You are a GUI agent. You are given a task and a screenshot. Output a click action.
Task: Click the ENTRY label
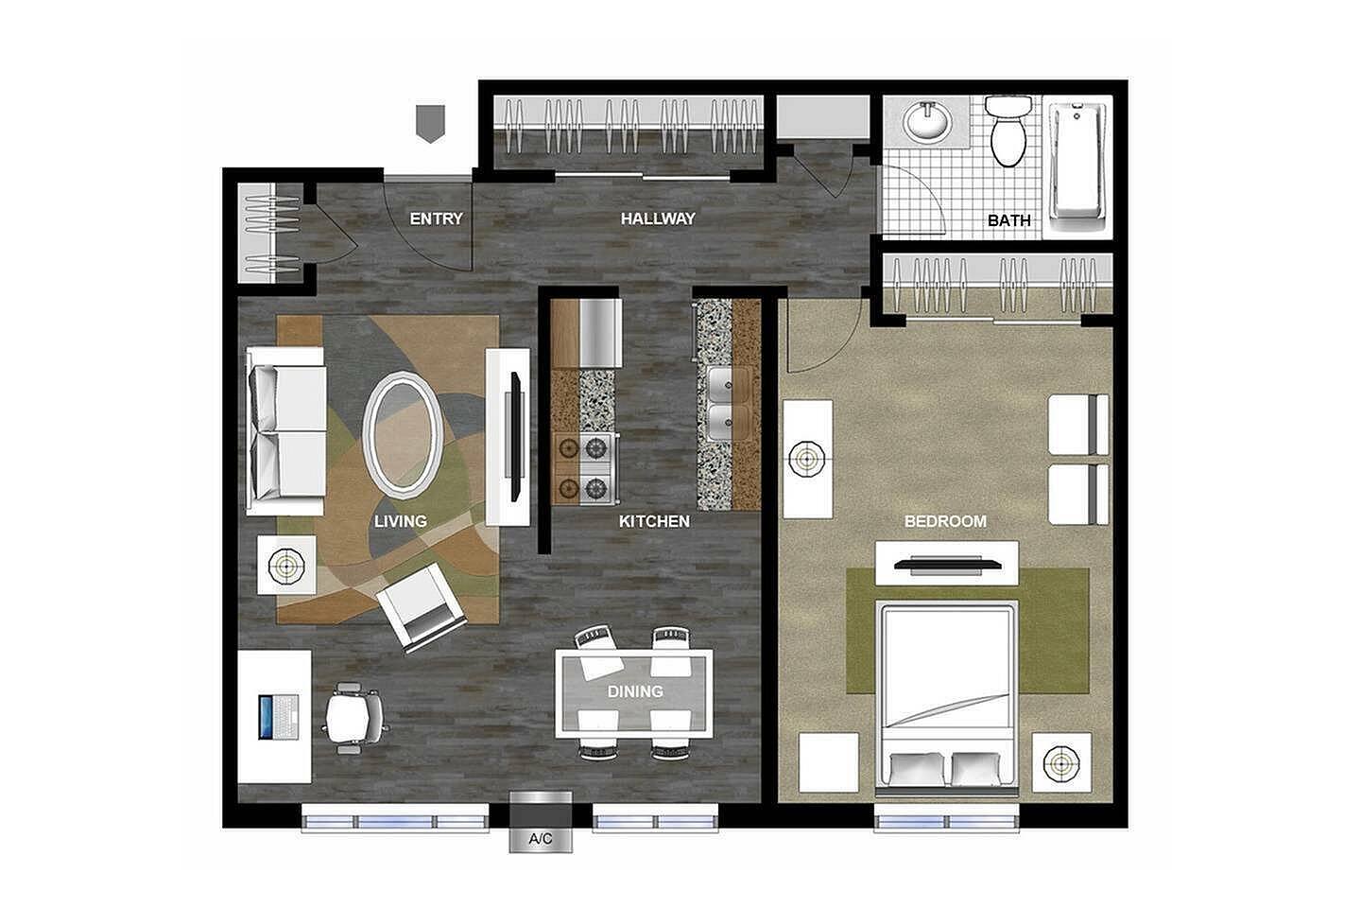click(436, 218)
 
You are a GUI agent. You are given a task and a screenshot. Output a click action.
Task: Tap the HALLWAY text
click(658, 218)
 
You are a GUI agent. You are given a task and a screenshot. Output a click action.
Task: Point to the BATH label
click(1009, 220)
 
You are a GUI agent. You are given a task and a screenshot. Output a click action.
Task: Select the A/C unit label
click(541, 839)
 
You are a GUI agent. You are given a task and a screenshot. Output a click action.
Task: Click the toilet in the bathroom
click(1008, 131)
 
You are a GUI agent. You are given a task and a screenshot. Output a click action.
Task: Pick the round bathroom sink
click(927, 121)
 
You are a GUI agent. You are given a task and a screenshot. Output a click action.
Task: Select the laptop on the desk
click(279, 717)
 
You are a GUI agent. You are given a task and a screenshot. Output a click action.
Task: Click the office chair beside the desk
click(356, 718)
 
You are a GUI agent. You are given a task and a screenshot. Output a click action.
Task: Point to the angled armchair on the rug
click(422, 606)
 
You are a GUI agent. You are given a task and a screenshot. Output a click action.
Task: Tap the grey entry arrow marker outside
click(431, 124)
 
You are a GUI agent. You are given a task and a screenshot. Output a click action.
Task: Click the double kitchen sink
click(730, 405)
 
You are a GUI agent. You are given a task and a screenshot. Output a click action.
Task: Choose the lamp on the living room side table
click(286, 567)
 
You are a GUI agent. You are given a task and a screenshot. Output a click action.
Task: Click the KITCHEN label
click(654, 521)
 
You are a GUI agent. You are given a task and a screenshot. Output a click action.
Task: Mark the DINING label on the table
click(635, 691)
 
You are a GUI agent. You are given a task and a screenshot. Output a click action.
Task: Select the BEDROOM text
click(945, 521)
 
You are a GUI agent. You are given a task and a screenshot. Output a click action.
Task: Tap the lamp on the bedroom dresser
click(807, 459)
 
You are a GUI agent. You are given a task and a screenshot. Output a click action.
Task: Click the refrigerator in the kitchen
click(600, 332)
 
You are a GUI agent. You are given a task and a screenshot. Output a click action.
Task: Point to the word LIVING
click(401, 521)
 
